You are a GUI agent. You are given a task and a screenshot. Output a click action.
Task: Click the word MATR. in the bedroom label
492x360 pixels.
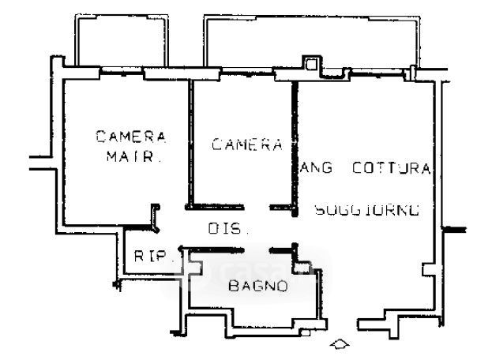click(133, 156)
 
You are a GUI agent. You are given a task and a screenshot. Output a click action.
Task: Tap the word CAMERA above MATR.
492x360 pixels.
click(131, 136)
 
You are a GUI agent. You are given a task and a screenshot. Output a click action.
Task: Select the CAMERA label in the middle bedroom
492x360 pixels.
click(247, 144)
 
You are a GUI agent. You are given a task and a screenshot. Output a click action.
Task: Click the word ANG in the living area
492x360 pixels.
click(319, 168)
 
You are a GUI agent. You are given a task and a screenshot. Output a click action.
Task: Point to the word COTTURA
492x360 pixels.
click(392, 168)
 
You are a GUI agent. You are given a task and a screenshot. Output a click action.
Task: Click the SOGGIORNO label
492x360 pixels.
click(366, 210)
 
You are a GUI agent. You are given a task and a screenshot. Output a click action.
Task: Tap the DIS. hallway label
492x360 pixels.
click(229, 230)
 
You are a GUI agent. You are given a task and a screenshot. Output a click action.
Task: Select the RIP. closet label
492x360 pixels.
click(148, 256)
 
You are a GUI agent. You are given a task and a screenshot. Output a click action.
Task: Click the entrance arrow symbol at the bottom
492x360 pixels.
click(340, 345)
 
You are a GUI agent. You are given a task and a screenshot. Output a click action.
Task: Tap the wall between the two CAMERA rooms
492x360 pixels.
click(190, 142)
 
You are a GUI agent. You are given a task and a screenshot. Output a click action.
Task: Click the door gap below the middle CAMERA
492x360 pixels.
click(257, 208)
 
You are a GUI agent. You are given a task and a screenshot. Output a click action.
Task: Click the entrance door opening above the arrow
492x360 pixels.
click(340, 324)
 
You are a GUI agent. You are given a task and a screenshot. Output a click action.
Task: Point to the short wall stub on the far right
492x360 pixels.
click(455, 229)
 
